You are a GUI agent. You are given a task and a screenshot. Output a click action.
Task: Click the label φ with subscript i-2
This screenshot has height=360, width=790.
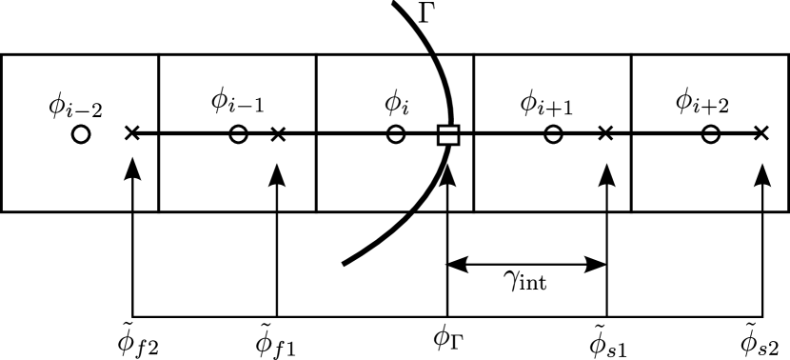(x=74, y=105)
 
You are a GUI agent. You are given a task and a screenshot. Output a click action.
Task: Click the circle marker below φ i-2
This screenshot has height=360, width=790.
(x=81, y=134)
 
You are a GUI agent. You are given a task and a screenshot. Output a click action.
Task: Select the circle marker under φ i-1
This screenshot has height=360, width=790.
(x=239, y=134)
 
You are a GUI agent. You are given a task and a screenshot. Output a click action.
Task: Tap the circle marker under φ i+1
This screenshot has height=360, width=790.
(x=553, y=134)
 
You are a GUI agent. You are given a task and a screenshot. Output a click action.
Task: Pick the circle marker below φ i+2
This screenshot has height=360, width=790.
(x=710, y=134)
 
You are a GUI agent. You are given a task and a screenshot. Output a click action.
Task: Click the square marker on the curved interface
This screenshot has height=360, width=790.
(x=448, y=134)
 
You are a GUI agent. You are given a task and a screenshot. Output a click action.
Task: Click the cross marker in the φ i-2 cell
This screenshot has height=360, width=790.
(x=132, y=134)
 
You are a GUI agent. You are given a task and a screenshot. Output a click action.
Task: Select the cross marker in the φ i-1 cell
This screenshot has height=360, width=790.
(x=277, y=134)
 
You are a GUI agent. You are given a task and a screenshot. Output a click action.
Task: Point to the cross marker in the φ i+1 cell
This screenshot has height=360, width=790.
(x=604, y=134)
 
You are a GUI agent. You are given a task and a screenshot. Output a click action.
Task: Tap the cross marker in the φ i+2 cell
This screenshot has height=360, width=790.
(x=760, y=134)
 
